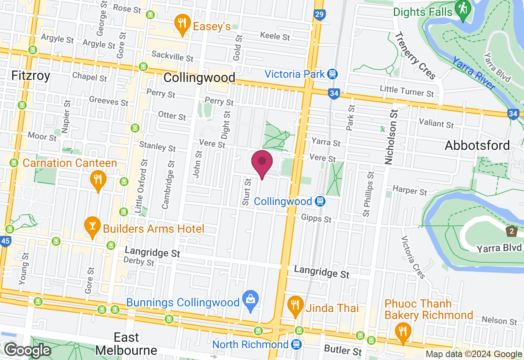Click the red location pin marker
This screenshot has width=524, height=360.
[262, 163]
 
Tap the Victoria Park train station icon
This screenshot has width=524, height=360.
[332, 74]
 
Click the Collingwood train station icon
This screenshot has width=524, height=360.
[320, 201]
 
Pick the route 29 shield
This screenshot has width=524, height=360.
[320, 15]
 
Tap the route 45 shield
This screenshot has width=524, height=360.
[5, 241]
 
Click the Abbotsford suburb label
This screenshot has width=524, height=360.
[477, 145]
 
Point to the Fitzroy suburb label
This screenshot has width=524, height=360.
[31, 76]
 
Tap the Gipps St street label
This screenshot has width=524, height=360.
[316, 219]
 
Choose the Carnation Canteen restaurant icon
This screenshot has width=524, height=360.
[98, 180]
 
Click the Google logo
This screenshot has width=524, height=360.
[28, 350]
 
